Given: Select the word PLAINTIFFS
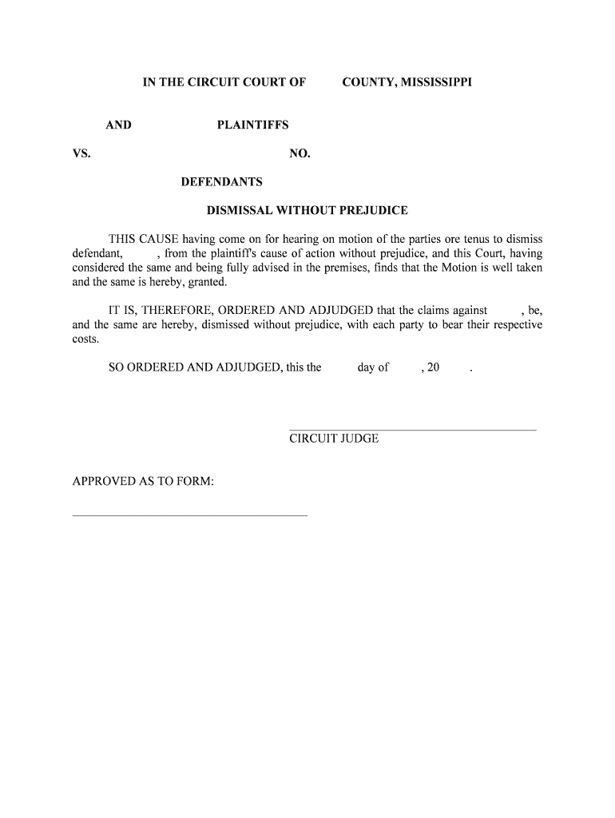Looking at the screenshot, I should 252,125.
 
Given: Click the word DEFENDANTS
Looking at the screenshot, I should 221,182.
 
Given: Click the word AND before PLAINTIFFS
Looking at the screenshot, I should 119,125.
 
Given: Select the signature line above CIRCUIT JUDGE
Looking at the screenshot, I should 412,431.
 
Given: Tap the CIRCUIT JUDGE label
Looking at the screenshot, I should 334,439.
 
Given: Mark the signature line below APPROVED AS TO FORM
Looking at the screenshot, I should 190,515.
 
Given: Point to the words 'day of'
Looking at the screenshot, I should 373,367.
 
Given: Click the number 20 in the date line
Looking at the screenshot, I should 434,367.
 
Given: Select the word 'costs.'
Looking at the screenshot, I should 86,339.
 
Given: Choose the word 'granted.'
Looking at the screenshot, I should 207,282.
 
